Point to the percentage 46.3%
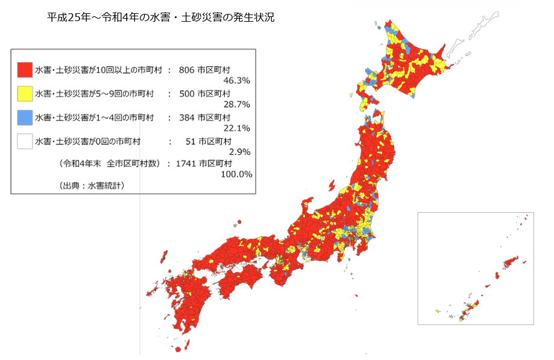click(x=236, y=80)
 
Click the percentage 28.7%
click(x=236, y=104)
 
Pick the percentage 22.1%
click(x=236, y=128)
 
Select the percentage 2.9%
click(x=239, y=151)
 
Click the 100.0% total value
click(x=236, y=174)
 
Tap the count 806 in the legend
click(x=186, y=70)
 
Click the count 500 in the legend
click(x=186, y=93)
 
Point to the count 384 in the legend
click(x=186, y=117)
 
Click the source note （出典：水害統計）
click(x=92, y=186)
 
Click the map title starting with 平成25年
click(x=160, y=18)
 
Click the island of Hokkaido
click(x=410, y=66)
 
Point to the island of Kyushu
click(x=184, y=302)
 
